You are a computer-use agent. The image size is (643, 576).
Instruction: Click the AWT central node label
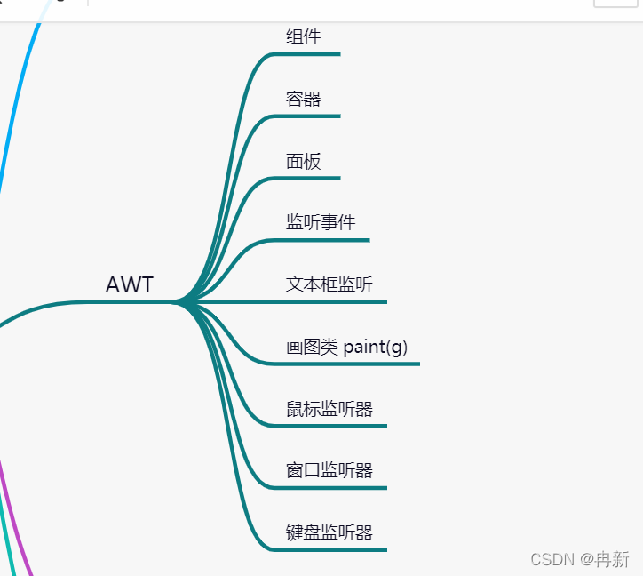130,285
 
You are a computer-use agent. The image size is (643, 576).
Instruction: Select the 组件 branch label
303,36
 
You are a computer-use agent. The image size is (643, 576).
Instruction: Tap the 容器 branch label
303,99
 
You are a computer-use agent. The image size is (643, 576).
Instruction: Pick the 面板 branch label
303,161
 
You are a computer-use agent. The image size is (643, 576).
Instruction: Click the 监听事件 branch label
321,222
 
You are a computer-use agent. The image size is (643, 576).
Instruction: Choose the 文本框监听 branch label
329,284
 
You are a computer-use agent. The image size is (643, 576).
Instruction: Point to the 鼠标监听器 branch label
329,409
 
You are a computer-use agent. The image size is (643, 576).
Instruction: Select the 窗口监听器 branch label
329,470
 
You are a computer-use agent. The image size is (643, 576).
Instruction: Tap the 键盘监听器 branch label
329,532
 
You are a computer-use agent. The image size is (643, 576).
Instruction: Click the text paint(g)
375,347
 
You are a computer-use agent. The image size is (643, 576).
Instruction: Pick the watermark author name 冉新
612,559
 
